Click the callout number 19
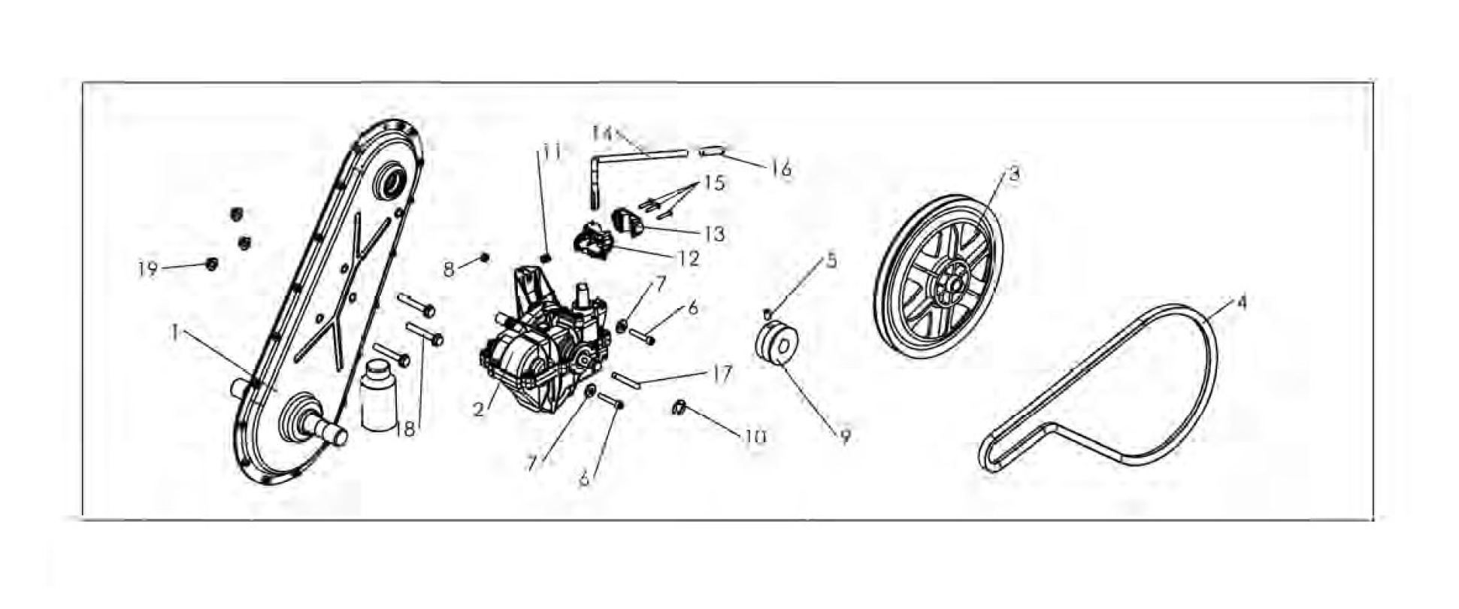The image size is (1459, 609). (147, 268)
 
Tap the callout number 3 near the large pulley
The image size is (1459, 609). (1013, 174)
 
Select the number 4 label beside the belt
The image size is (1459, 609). (1242, 302)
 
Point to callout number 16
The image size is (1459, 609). (782, 169)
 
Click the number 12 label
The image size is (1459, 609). (689, 258)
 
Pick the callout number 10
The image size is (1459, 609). (755, 437)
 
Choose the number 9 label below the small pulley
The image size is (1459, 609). (846, 437)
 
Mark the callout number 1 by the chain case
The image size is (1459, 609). (174, 332)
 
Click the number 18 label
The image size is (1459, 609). (405, 429)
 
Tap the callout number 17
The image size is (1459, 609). (722, 374)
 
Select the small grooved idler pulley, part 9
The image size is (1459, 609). (779, 346)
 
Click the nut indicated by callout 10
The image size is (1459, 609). (678, 408)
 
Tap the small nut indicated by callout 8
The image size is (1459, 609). (484, 258)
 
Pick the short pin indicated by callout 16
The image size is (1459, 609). (712, 151)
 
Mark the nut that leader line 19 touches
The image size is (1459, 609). (212, 263)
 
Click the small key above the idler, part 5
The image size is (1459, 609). (767, 313)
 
